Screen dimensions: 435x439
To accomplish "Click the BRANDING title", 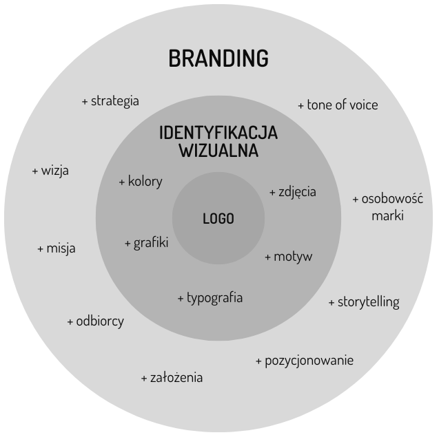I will pos(218,59).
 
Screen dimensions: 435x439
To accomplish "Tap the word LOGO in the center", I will pos(218,219).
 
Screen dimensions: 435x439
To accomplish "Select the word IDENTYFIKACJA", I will pos(218,133).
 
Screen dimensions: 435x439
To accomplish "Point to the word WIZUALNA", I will pos(218,150).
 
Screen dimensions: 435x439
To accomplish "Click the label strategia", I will pos(114,100).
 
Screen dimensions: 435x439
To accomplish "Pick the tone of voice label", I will pos(343,105).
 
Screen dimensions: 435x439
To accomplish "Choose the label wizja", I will pos(55,171).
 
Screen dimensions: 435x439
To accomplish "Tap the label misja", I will pos(61,248).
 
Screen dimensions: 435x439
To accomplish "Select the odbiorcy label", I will pos(100,321).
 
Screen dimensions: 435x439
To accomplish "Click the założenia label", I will pos(176,377).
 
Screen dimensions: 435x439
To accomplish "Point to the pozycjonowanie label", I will pos(309,360).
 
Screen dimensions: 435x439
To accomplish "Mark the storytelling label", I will pos(368,302).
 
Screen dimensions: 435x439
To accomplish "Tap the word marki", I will pos(387,215).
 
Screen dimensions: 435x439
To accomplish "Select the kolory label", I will pos(145,182).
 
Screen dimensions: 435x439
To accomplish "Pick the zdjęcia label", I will pos(297,191).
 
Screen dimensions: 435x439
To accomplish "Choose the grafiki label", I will pos(151,242).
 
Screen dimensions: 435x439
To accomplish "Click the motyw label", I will pos(293,257).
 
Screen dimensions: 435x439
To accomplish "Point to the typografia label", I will pos(214,298).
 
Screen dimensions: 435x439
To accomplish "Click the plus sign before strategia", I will pos(85,101).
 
